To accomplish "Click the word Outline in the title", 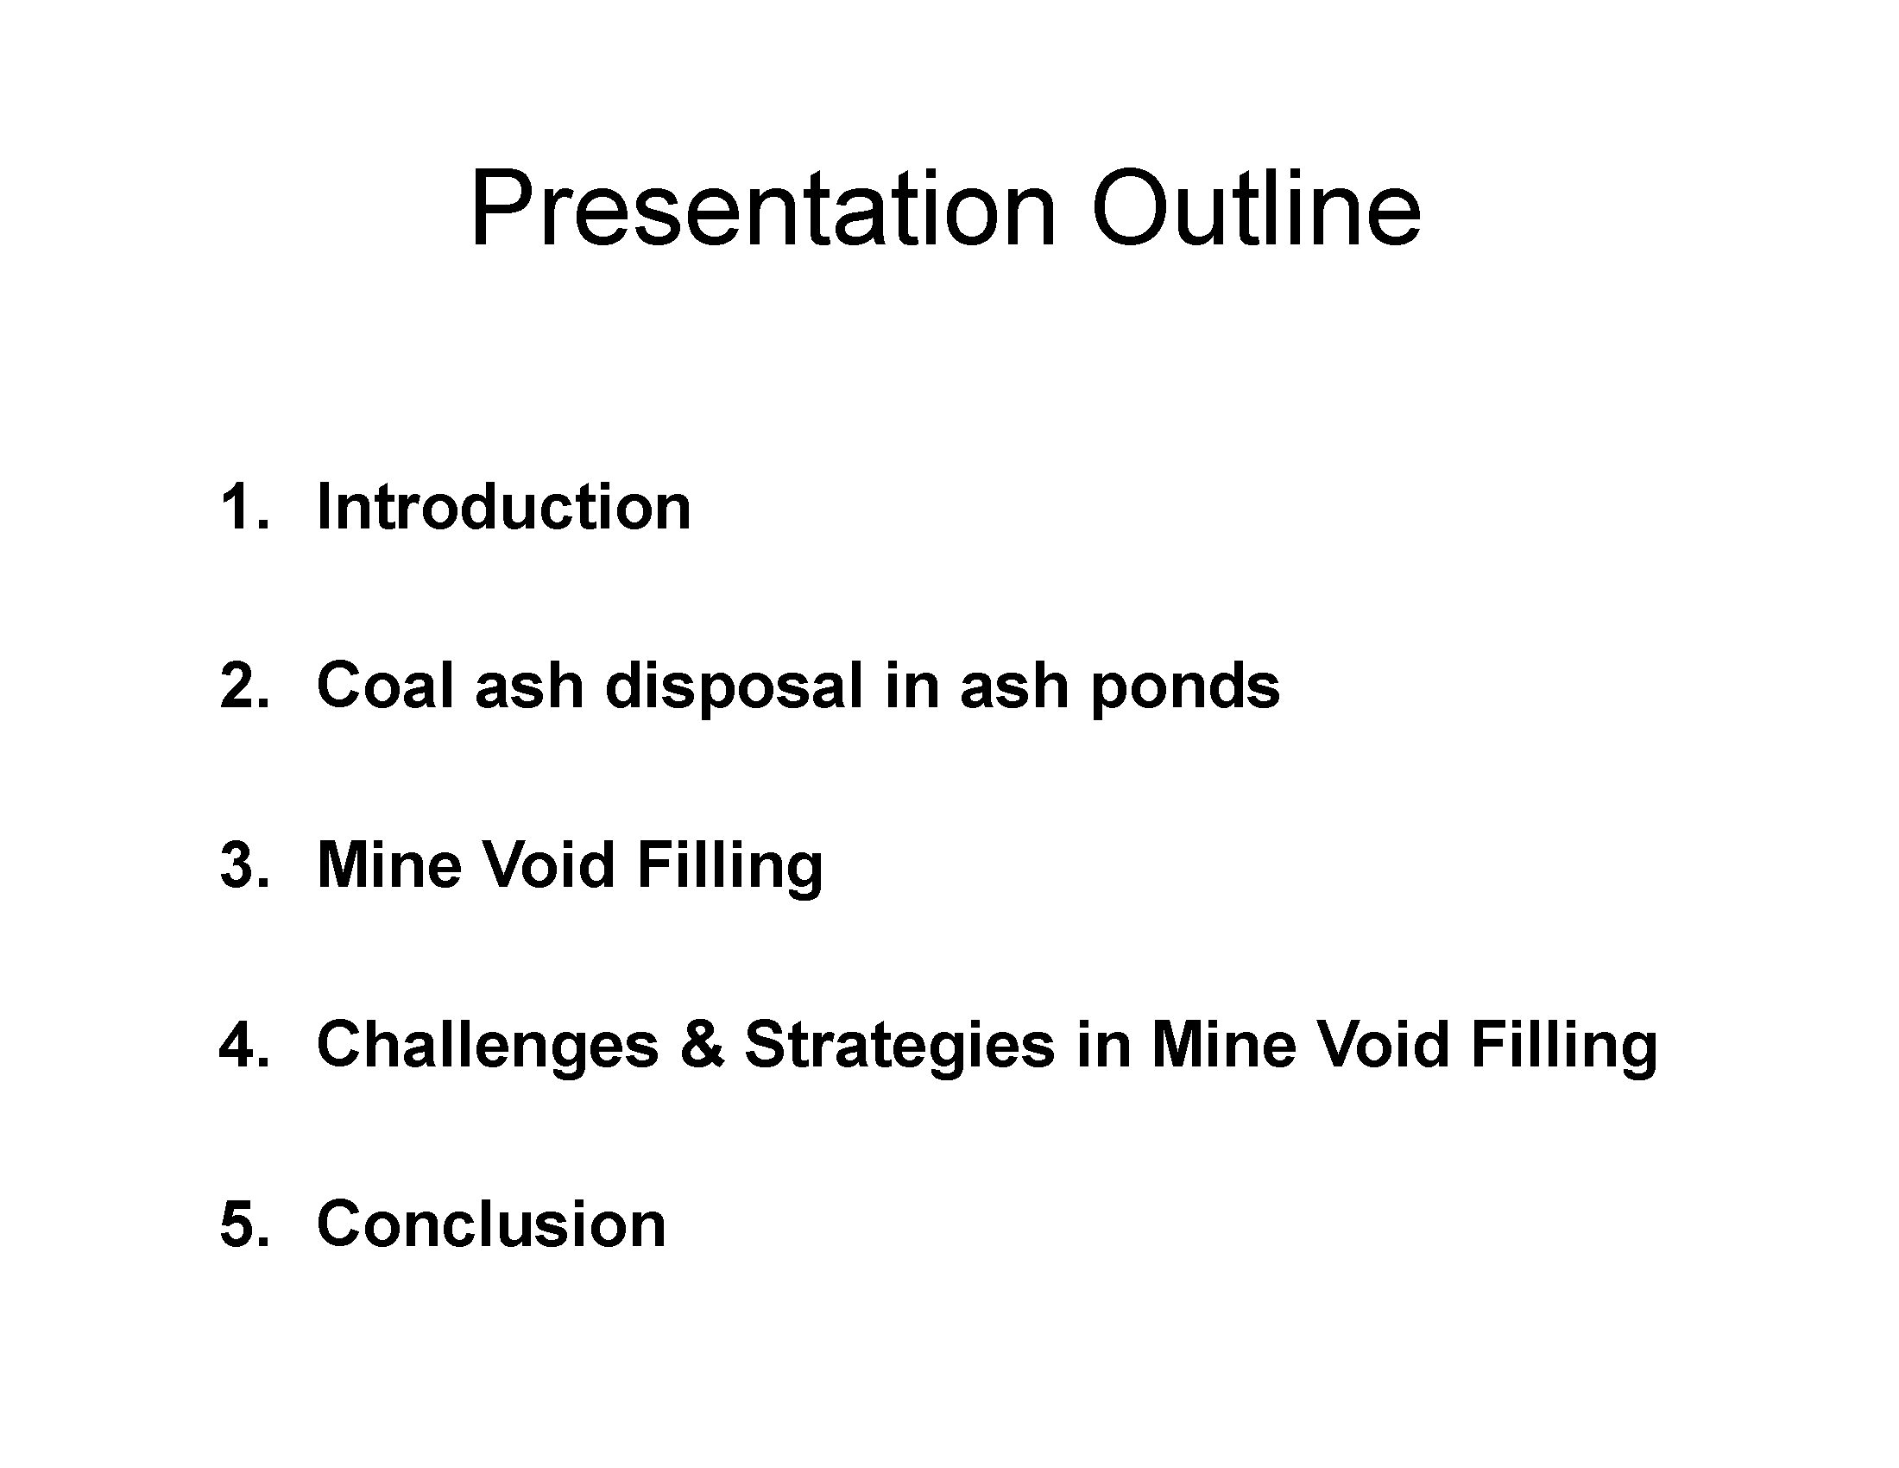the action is pos(1257,209).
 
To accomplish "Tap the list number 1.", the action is pos(244,506).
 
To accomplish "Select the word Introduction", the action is pos(503,506).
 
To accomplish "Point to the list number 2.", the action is pos(244,686).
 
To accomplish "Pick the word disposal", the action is pos(734,689).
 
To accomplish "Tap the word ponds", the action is pos(1185,689).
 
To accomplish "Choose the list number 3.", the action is pos(244,865).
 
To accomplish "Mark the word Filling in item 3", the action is pos(729,869).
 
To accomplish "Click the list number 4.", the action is pos(244,1045).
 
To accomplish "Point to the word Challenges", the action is pos(488,1048).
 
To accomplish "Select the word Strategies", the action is pos(900,1048).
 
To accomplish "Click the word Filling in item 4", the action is pos(1564,1048).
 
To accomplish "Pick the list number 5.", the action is pos(244,1224).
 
